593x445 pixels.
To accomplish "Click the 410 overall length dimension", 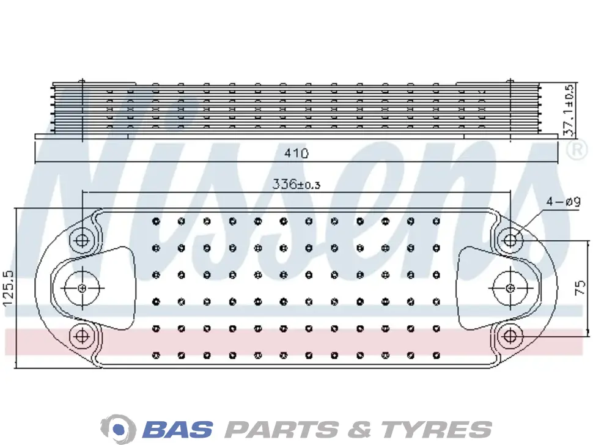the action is [296, 153].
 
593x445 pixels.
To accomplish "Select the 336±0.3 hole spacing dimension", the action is [296, 184].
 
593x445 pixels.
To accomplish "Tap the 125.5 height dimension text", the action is [8, 288].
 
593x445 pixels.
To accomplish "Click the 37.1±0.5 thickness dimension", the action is [569, 110].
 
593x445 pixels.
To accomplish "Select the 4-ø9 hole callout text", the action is [563, 202].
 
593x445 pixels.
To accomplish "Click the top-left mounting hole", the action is [82, 240].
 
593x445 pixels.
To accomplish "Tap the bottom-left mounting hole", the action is [82, 336].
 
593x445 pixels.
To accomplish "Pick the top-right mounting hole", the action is [510, 240].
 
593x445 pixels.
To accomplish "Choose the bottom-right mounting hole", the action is [510, 336].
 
